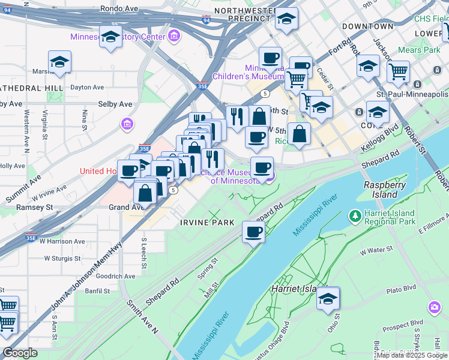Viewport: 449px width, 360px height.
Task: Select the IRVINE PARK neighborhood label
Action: tap(206, 223)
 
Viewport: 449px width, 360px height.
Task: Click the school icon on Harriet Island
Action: tap(328, 299)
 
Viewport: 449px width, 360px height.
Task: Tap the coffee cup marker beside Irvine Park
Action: tap(253, 232)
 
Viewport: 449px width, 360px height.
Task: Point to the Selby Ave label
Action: tap(115, 104)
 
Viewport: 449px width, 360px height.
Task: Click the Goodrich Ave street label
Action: tap(116, 276)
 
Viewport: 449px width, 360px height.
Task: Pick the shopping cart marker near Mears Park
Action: tap(398, 72)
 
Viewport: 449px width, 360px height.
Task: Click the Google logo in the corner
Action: tap(20, 353)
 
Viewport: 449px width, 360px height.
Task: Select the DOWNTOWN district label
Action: tap(367, 26)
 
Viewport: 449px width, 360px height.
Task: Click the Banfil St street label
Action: tap(98, 291)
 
